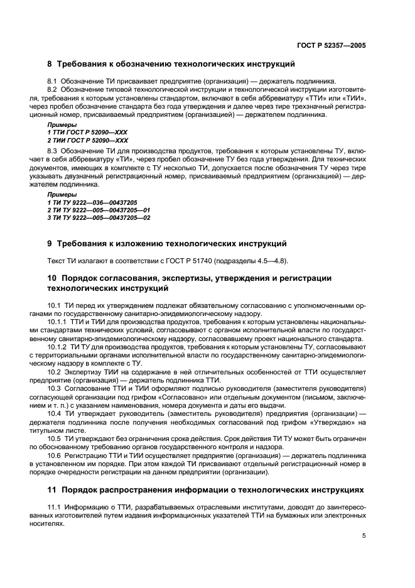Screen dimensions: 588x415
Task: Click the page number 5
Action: [364, 536]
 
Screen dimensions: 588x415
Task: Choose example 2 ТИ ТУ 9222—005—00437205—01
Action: [99, 210]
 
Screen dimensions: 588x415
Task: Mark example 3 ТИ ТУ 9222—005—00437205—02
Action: [99, 217]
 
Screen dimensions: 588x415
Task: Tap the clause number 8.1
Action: [52, 81]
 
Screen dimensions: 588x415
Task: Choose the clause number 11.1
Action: [54, 506]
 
